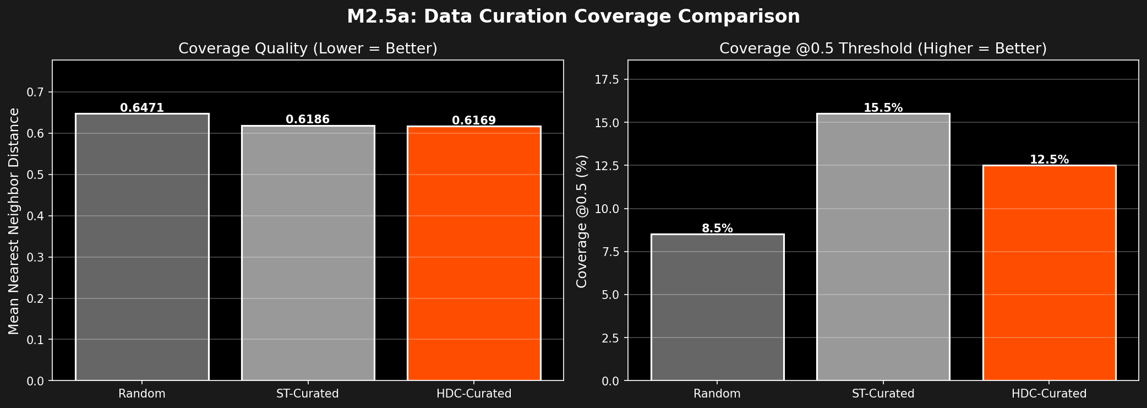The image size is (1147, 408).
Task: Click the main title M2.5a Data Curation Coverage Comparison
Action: [x=573, y=17]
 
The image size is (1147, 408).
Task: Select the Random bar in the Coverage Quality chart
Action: [x=142, y=248]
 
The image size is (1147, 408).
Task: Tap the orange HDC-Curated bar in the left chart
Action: [x=474, y=253]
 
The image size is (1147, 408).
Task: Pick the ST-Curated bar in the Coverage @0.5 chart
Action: [x=883, y=248]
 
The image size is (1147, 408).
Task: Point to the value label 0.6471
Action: [x=142, y=108]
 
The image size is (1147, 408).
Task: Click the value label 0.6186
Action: [x=308, y=119]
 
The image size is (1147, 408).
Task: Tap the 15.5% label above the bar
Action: [x=883, y=108]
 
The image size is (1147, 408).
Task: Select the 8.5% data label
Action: [x=717, y=229]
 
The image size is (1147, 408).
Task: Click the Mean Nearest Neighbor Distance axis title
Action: [x=14, y=221]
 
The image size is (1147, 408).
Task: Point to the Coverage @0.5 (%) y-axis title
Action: [x=582, y=221]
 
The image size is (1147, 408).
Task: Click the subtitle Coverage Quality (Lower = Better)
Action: [x=308, y=48]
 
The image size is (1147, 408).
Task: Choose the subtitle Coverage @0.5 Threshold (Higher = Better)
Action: [x=883, y=48]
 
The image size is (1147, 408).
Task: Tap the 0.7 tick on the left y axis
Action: [x=37, y=92]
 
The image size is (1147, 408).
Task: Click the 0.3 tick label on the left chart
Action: [x=37, y=257]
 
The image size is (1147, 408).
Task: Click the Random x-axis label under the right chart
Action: [x=717, y=394]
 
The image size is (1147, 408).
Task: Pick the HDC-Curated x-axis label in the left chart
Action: [x=474, y=394]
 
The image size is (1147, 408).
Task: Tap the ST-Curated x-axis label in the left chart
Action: [x=308, y=394]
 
